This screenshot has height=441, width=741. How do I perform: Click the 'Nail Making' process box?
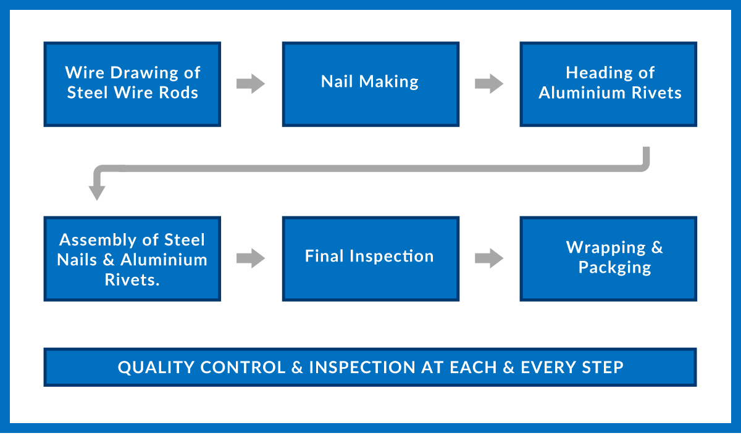point(371,84)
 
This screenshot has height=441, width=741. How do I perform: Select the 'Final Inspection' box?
point(371,258)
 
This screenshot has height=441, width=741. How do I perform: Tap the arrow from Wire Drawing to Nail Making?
point(251,84)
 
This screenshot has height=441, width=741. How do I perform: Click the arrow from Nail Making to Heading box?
point(489,84)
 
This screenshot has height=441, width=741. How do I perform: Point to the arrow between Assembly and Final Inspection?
point(251,258)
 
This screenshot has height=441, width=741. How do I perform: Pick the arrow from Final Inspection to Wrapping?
point(489,258)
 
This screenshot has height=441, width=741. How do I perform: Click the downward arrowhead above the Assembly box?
point(97,193)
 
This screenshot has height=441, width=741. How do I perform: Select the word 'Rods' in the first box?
point(178,93)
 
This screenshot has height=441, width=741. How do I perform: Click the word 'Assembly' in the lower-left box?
point(106,241)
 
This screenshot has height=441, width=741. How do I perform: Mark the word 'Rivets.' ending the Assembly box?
point(132,280)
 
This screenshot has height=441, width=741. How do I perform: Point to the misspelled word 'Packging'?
point(614,268)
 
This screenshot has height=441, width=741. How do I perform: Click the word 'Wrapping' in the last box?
point(606,248)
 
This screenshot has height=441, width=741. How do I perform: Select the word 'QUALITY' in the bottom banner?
point(156,368)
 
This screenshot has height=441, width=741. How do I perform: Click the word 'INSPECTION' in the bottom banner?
point(362,368)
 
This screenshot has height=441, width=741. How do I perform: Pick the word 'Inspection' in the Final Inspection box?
point(391,257)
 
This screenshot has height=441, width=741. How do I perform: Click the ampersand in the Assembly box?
point(109,260)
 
